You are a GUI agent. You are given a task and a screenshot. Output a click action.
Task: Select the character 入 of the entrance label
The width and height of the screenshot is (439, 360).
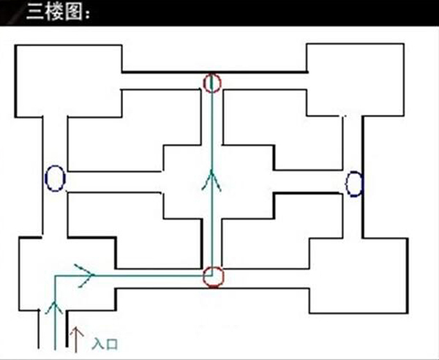point(96,342)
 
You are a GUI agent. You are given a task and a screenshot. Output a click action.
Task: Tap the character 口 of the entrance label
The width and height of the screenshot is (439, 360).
point(112,342)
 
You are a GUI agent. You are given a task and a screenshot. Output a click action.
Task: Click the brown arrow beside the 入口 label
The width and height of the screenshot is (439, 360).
point(74,336)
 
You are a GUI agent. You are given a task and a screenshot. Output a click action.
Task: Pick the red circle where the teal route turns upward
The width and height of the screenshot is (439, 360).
point(212,277)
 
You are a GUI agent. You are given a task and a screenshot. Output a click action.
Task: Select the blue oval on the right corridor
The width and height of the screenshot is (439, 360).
point(354,183)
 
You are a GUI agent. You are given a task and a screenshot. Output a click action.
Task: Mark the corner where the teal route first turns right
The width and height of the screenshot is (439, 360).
point(53,277)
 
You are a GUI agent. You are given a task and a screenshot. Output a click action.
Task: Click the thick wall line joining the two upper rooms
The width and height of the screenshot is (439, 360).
point(212,72)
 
